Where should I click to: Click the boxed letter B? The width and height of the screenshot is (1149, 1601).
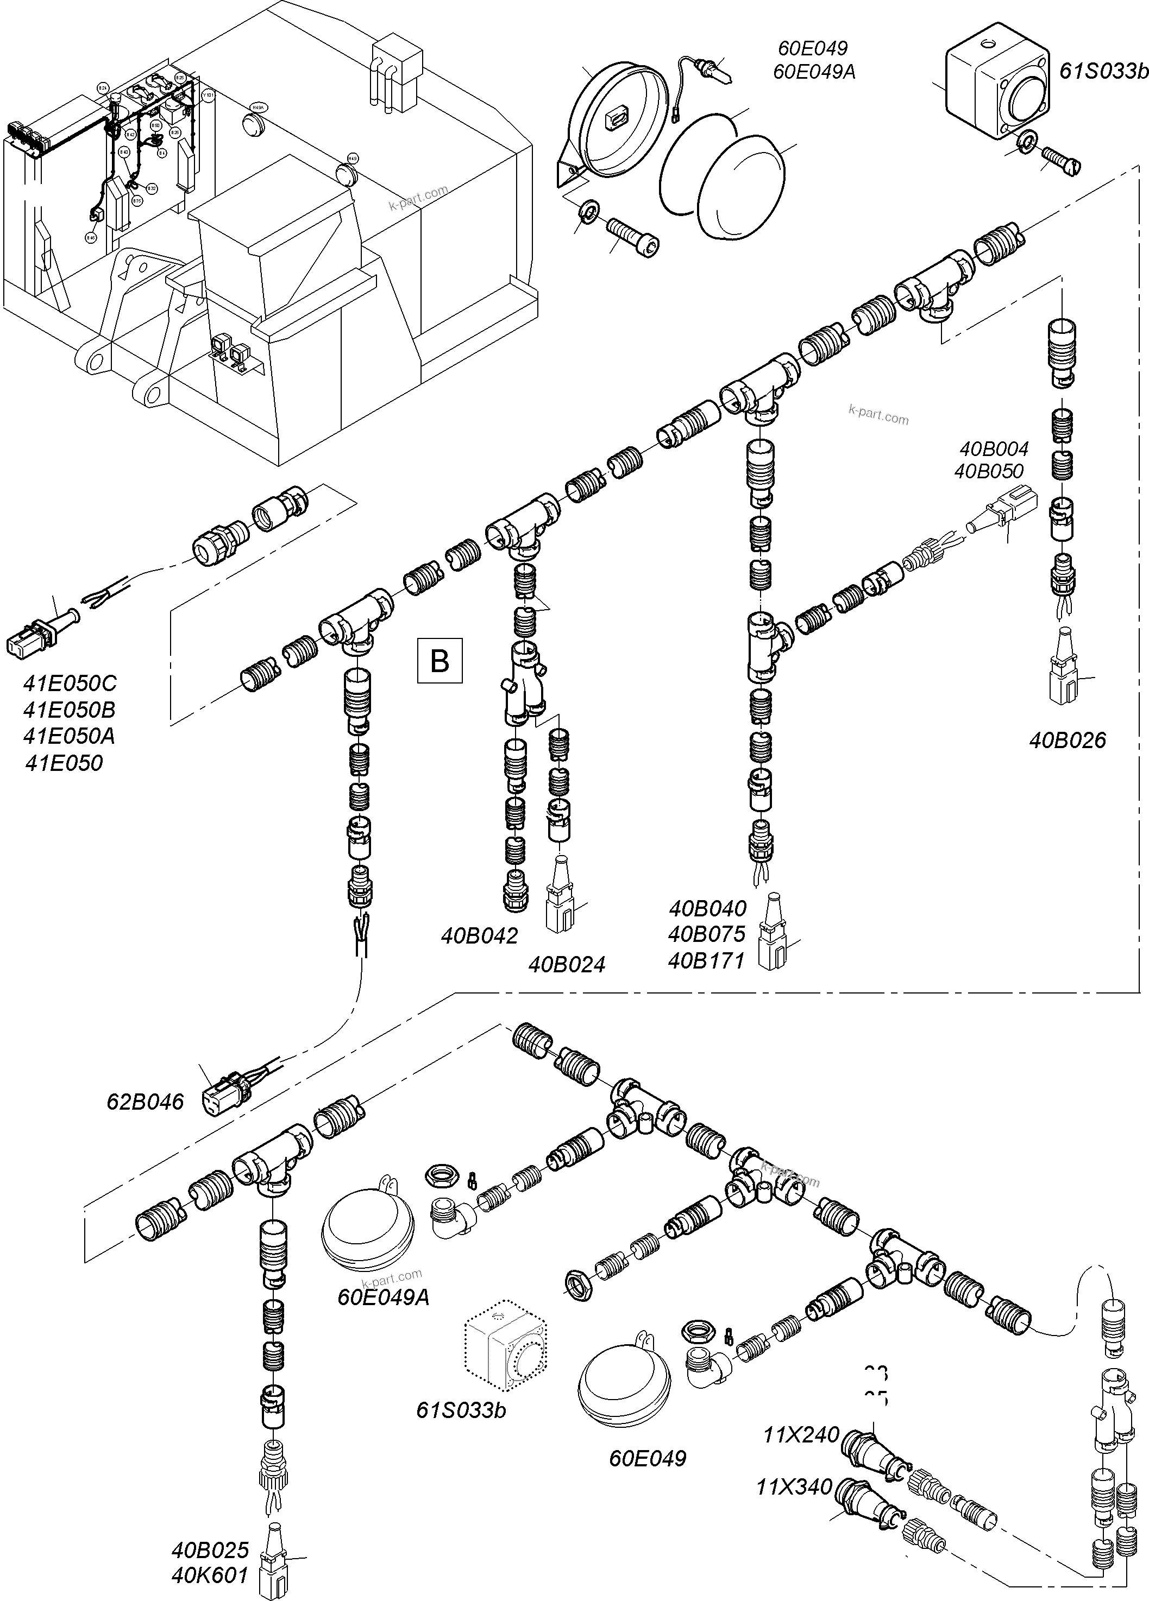coord(439,661)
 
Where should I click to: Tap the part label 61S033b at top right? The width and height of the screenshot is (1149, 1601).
coord(1103,71)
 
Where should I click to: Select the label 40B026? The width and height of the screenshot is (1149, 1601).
coord(1067,741)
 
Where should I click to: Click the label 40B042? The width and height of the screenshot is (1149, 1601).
coord(480,935)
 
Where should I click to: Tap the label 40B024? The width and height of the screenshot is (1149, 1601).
coord(567,964)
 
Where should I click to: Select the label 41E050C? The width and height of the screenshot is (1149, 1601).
coord(70,684)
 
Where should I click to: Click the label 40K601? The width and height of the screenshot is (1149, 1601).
coord(210,1575)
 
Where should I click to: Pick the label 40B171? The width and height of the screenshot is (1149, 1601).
coord(706,961)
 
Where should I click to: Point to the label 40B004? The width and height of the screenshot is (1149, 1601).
coord(993,448)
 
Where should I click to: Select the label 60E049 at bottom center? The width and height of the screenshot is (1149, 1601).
coord(648,1458)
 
